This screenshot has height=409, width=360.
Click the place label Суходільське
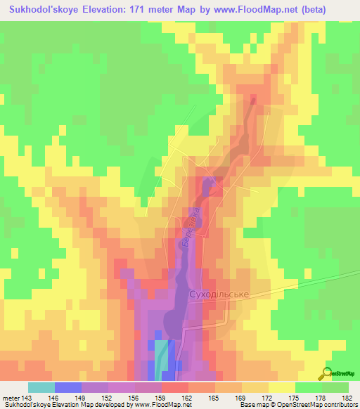point(219,294)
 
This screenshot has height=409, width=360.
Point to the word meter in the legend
point(11,398)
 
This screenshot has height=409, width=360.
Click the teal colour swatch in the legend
point(41,387)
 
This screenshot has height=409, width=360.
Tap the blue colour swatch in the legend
point(68,387)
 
